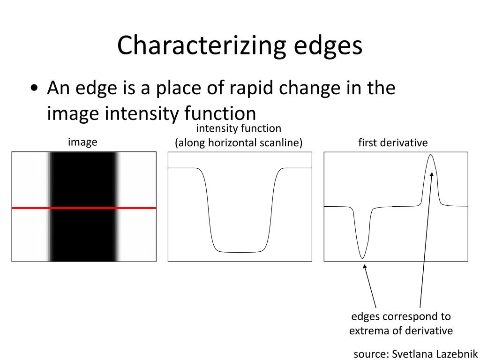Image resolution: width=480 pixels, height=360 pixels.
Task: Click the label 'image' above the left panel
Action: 82,142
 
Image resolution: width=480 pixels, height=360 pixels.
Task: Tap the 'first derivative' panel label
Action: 393,142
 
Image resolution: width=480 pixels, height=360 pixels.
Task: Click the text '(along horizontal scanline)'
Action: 239,142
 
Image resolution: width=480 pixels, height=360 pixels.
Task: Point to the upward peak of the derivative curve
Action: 431,157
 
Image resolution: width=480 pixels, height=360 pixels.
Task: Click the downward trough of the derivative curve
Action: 362,257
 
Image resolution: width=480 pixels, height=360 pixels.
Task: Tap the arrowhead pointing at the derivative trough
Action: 365,267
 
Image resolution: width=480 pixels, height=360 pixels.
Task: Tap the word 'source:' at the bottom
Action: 371,353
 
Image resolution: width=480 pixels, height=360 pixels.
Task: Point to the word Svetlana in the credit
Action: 411,353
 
